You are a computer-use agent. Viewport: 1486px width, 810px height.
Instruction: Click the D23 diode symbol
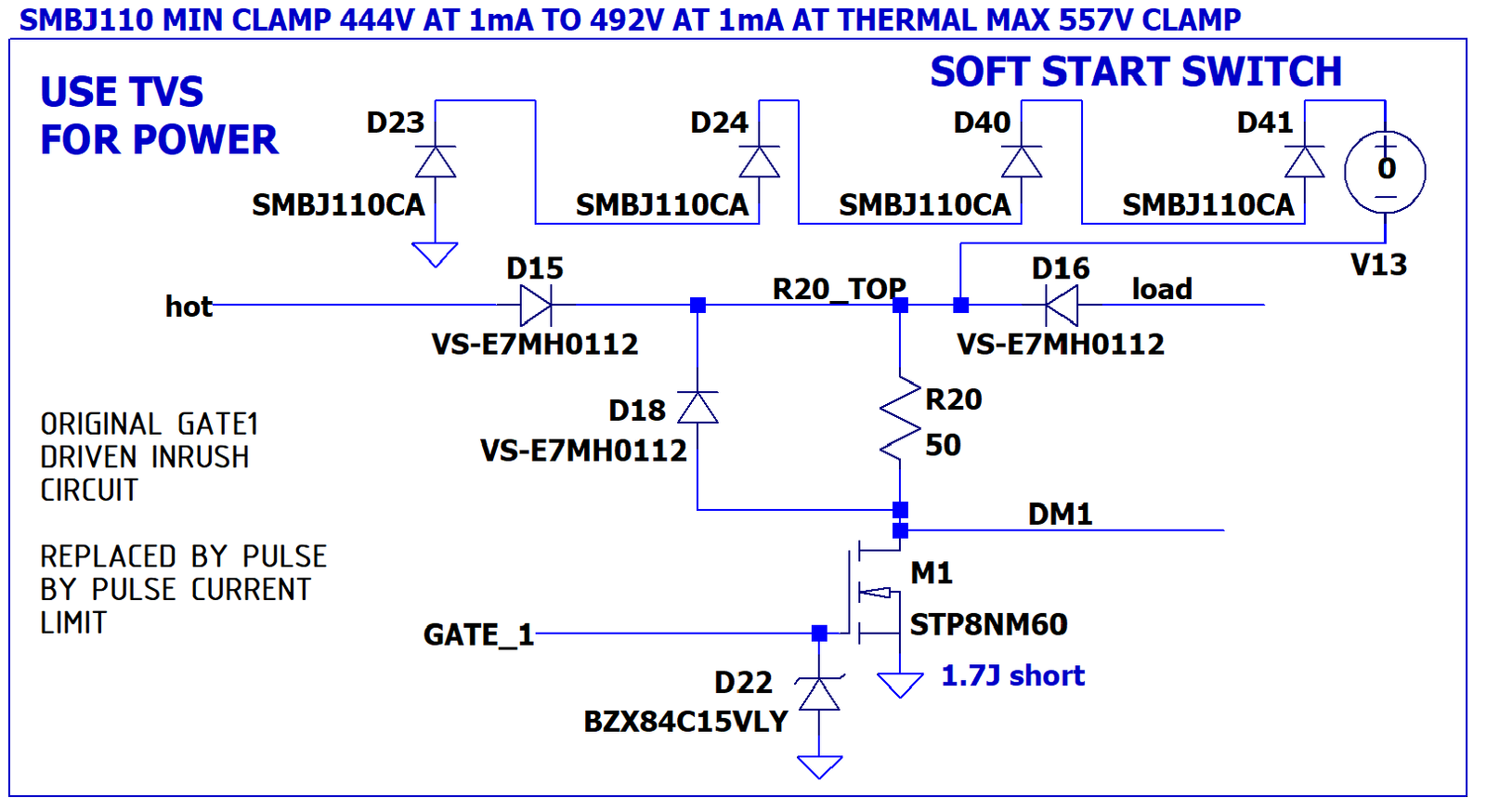pos(436,162)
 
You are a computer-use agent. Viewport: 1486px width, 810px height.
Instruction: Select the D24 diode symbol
pos(759,162)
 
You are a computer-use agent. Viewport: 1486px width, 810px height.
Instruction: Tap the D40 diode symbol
pos(1021,162)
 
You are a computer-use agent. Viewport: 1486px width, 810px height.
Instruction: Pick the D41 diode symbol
pos(1304,162)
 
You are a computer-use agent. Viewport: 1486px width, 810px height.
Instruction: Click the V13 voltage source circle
pos(1385,172)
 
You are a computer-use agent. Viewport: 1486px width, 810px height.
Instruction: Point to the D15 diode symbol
pos(535,306)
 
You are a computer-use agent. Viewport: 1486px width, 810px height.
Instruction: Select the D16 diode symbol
pos(1062,306)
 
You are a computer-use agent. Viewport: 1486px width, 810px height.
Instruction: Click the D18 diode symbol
pos(697,407)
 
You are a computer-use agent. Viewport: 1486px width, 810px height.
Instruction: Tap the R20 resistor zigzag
pos(900,418)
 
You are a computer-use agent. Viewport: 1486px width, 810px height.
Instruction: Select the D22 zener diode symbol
pos(819,693)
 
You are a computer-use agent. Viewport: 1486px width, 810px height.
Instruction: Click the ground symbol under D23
pos(436,255)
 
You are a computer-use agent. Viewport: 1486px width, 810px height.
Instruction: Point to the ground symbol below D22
pos(819,767)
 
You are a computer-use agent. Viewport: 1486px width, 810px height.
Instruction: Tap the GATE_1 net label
pos(479,634)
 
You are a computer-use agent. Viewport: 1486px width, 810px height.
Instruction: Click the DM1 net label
pos(1060,514)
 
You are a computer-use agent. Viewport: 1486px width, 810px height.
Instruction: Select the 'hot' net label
pos(189,307)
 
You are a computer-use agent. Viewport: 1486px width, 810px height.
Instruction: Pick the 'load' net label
pos(1162,289)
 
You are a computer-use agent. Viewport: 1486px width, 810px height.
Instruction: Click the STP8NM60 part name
pos(988,624)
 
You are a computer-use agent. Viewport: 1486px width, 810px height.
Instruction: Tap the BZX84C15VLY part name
pos(686,722)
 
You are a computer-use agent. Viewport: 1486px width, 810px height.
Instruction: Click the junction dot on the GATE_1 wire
pos(819,634)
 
